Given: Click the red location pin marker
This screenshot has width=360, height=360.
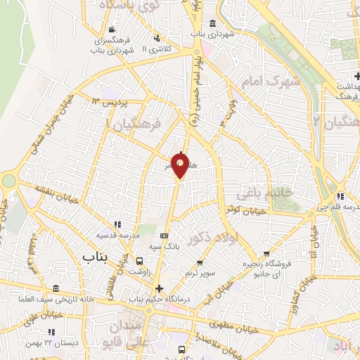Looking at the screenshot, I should pyautogui.click(x=181, y=166).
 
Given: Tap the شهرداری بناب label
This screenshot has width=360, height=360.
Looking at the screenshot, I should pyautogui.click(x=211, y=33).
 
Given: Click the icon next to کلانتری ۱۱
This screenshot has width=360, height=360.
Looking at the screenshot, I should pyautogui.click(x=157, y=38).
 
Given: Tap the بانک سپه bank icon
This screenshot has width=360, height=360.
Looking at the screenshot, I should pyautogui.click(x=165, y=236).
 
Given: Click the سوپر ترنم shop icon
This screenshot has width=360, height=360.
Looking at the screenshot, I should pyautogui.click(x=212, y=260).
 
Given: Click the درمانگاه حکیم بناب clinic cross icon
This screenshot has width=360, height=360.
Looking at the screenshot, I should pyautogui.click(x=159, y=288).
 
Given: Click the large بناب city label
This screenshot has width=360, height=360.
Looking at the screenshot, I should pyautogui.click(x=98, y=257).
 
